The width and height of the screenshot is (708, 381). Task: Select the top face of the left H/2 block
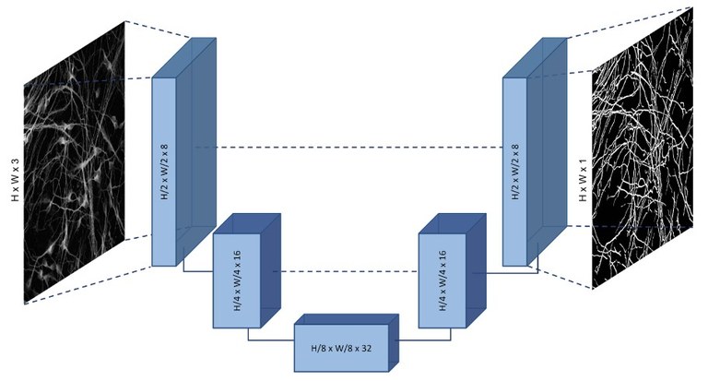pyautogui.click(x=184, y=58)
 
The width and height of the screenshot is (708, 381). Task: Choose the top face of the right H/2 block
pyautogui.click(x=536, y=58)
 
